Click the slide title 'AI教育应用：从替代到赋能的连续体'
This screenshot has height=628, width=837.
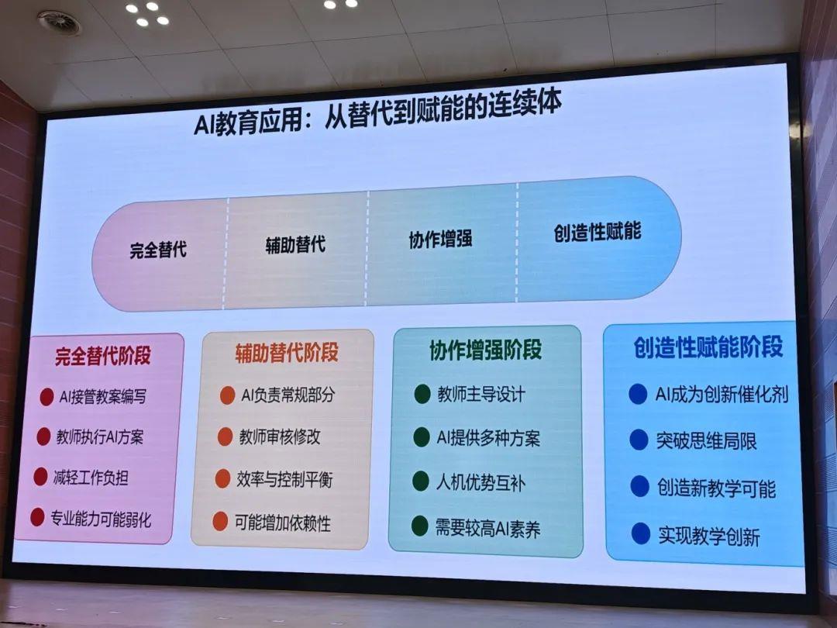tap(377, 112)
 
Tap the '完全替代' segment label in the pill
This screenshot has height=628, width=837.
tap(158, 250)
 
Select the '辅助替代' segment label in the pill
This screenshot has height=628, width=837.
tap(295, 244)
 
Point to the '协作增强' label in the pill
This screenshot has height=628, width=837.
tap(440, 239)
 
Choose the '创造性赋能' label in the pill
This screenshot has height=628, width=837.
tap(598, 232)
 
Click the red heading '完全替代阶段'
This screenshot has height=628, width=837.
tap(103, 356)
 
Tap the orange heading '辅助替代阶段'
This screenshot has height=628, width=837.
tap(287, 353)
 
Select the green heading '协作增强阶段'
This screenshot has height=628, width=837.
tap(486, 350)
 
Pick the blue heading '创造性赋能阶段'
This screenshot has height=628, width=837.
tap(708, 347)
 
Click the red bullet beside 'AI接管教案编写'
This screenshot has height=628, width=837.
tap(47, 397)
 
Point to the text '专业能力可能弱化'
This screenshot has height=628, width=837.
tap(101, 519)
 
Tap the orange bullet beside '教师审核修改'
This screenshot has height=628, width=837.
tap(226, 436)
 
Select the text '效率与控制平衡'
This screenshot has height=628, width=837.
tap(284, 479)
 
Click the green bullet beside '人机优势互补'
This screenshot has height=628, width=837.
tap(421, 481)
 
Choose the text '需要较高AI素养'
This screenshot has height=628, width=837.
tap(488, 529)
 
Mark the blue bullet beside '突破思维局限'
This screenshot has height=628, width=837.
tap(639, 440)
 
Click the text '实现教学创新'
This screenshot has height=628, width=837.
tap(709, 537)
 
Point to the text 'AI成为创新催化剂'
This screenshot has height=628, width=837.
tap(722, 394)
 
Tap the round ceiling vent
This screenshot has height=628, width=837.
tap(59, 22)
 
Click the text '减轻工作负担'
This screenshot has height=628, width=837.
tap(91, 478)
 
